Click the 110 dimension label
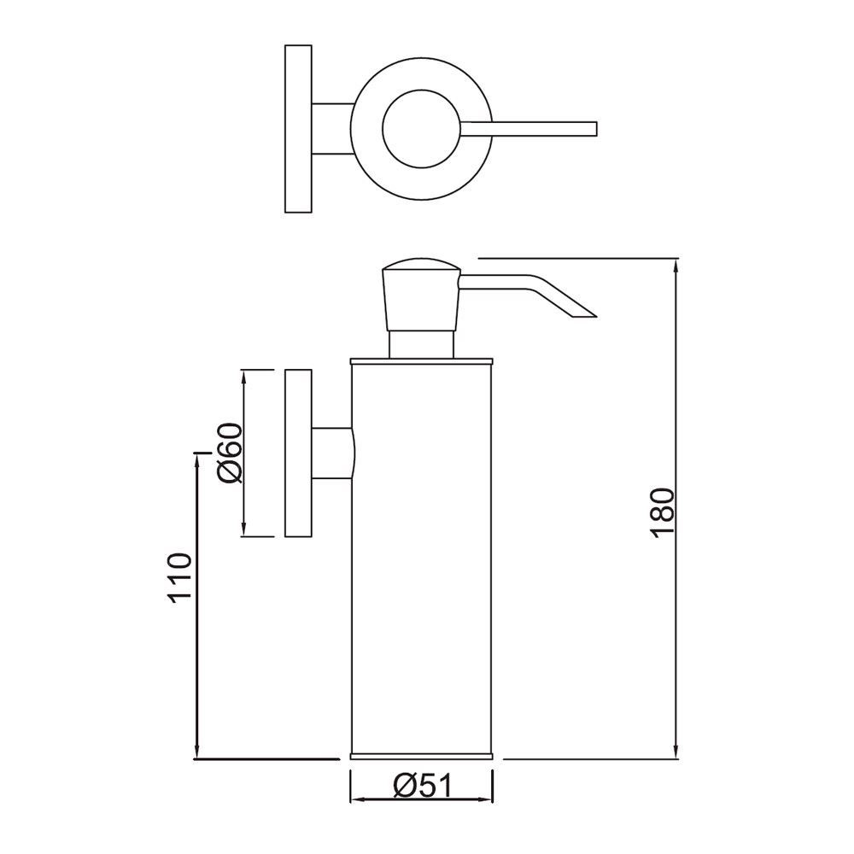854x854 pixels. click(178, 578)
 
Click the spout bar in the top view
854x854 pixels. click(529, 129)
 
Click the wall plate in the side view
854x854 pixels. click(296, 453)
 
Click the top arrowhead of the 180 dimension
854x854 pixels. click(677, 265)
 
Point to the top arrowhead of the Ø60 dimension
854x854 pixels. click(244, 377)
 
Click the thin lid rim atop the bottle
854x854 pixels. click(422, 360)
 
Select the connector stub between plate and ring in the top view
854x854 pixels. click(331, 130)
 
